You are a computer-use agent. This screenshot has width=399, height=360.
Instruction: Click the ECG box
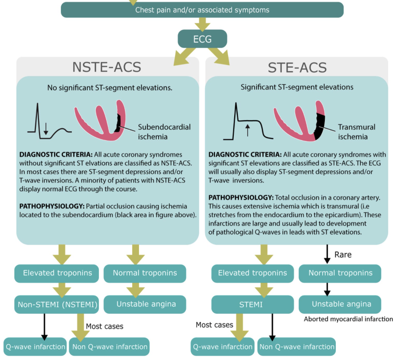point(202,39)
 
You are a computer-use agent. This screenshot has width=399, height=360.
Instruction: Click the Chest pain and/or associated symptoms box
point(202,10)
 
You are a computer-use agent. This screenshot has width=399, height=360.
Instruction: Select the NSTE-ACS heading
point(107,67)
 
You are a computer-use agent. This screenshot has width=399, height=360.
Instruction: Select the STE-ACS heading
point(297,67)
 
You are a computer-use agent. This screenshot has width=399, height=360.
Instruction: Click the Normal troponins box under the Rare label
point(340,273)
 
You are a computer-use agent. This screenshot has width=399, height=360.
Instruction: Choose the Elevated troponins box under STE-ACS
point(252,273)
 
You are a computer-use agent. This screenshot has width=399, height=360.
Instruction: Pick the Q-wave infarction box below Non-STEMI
point(35,346)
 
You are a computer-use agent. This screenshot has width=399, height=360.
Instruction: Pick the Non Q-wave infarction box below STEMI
point(297,346)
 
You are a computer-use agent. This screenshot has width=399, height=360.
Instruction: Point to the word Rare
point(343,255)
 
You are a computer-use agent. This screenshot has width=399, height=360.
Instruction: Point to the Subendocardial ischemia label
point(164,131)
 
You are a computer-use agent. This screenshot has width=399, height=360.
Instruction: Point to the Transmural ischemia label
point(357,132)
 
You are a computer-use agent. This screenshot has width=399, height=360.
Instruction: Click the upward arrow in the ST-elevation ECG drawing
point(247,131)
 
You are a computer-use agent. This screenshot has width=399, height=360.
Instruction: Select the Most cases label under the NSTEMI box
point(105,326)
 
